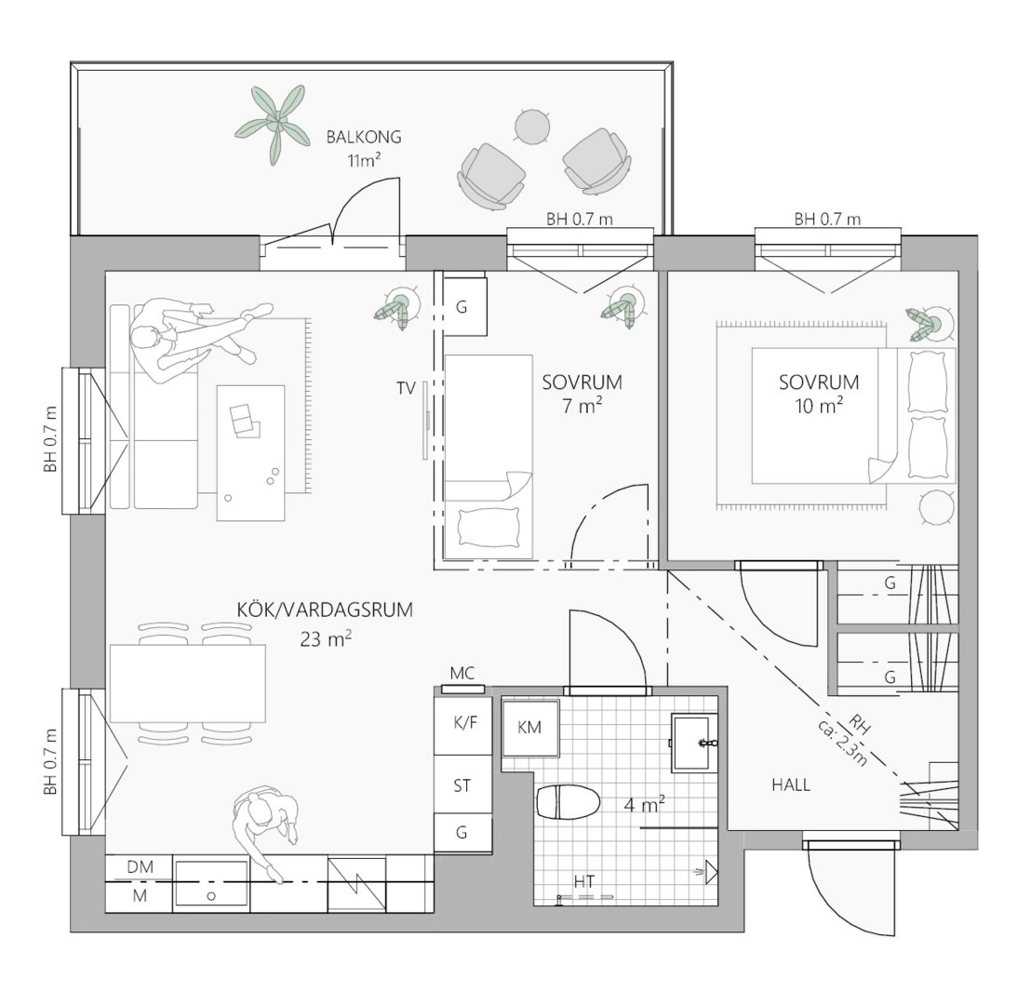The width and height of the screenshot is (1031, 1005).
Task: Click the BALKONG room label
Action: pos(364,138)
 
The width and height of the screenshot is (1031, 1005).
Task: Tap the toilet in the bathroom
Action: pos(569,802)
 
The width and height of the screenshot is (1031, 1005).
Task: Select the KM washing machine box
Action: pos(530,728)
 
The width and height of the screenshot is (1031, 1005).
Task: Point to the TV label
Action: pos(407,389)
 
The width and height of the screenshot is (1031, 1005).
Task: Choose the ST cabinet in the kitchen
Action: pos(462,784)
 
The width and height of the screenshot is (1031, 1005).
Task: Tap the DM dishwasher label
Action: pos(141,867)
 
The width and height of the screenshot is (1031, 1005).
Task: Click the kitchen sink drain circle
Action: pos(211,896)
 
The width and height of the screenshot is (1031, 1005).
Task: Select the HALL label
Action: pos(791,784)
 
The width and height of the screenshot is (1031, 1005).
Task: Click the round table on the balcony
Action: pos(532,126)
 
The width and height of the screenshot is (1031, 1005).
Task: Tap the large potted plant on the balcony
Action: pos(274,124)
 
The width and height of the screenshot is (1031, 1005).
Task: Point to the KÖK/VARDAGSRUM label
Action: pos(325,610)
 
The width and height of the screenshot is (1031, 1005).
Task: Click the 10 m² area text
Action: pos(819,406)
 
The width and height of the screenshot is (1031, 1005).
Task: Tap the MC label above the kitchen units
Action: pos(462,674)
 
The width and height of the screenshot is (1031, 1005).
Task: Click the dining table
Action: pos(188,684)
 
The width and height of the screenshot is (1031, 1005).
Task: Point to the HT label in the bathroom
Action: pos(583,881)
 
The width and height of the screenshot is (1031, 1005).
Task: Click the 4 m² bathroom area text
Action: pos(644,804)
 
